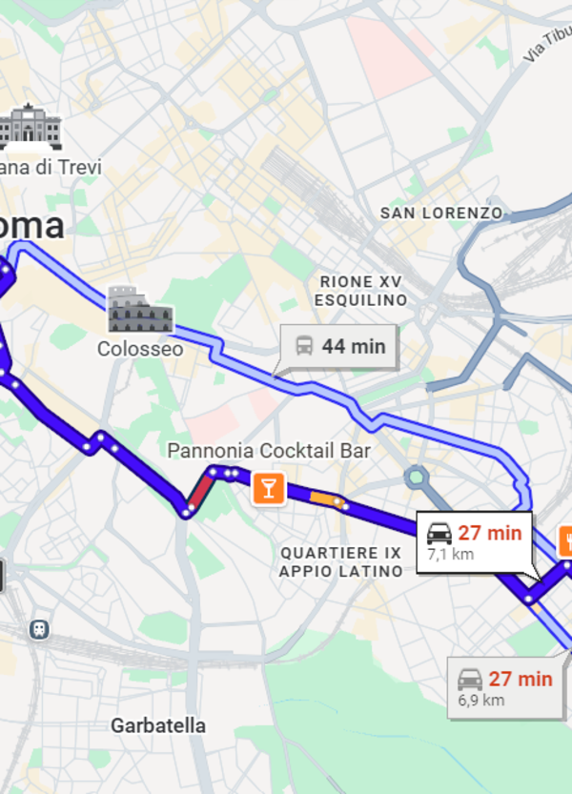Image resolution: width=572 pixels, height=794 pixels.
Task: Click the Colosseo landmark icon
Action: pyautogui.click(x=140, y=310)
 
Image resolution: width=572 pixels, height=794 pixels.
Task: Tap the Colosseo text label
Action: pyautogui.click(x=140, y=349)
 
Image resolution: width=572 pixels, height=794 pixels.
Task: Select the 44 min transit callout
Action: pyautogui.click(x=338, y=346)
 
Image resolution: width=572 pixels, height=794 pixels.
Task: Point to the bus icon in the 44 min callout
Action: pyautogui.click(x=304, y=346)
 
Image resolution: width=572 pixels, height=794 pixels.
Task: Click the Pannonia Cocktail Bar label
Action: pyautogui.click(x=269, y=450)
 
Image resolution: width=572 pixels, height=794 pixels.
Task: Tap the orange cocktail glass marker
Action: pyautogui.click(x=268, y=489)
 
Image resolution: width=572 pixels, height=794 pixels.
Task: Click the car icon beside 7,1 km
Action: pyautogui.click(x=439, y=534)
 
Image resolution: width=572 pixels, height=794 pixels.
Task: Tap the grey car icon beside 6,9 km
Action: pyautogui.click(x=470, y=679)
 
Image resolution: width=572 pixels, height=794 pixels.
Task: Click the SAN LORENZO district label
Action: pyautogui.click(x=441, y=213)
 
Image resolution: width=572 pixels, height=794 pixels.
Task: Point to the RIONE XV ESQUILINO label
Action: pyautogui.click(x=361, y=291)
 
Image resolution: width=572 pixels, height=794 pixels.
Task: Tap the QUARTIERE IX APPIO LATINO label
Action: pyautogui.click(x=340, y=562)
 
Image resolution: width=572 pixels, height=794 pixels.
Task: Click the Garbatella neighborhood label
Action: pyautogui.click(x=157, y=725)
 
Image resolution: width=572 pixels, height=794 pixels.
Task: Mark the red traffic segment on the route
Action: pyautogui.click(x=200, y=492)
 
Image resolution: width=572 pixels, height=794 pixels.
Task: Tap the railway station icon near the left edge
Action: pyautogui.click(x=39, y=629)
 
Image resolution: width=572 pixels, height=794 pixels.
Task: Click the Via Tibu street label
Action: pyautogui.click(x=546, y=46)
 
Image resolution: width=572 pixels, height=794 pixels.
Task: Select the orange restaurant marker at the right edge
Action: pyautogui.click(x=564, y=540)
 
